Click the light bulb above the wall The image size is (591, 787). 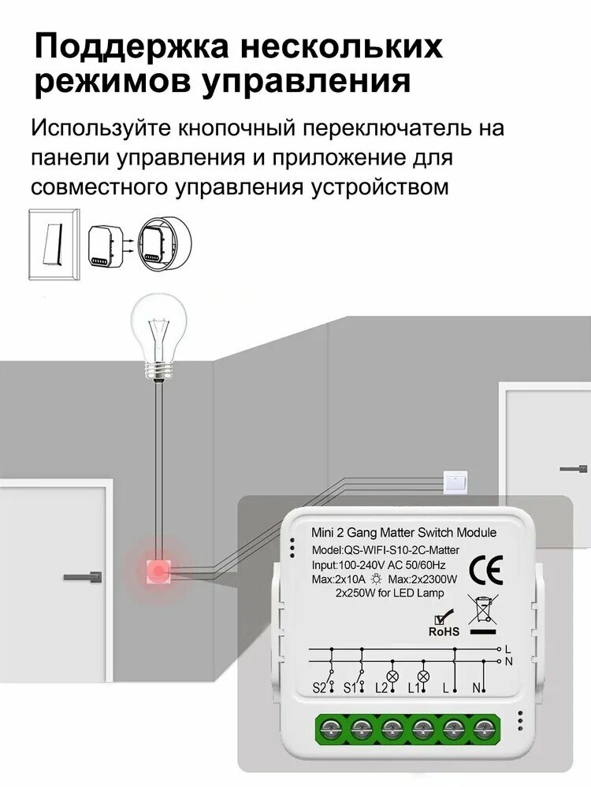(x=159, y=338)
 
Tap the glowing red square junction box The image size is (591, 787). (x=158, y=571)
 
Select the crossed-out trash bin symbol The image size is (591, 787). (x=484, y=615)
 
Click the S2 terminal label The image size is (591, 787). (x=320, y=688)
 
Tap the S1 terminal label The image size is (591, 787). (x=351, y=688)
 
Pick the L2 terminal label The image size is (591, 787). (x=382, y=688)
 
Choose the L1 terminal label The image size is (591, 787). (x=413, y=688)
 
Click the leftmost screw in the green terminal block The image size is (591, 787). (x=331, y=727)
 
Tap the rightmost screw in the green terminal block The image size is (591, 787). (x=484, y=727)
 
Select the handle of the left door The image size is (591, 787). (x=83, y=576)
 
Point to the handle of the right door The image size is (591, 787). (x=574, y=469)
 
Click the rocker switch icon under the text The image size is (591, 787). (x=54, y=244)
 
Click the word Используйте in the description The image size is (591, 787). (x=101, y=128)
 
